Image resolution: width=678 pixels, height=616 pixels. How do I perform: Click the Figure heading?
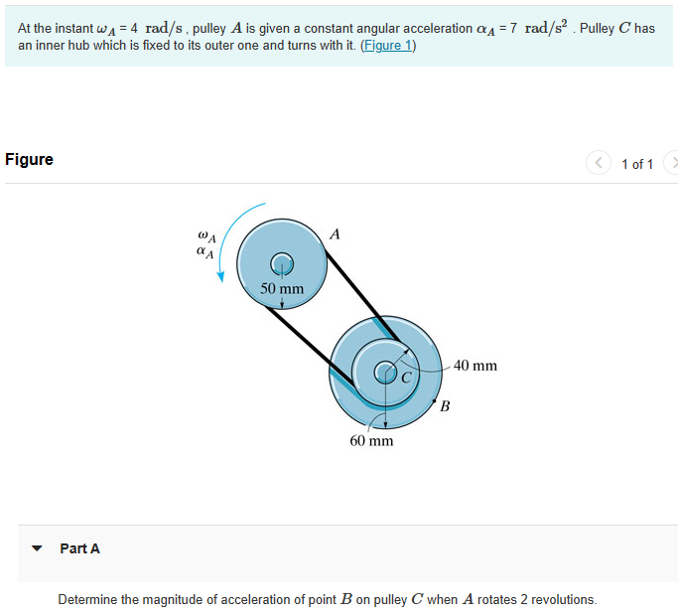(x=30, y=159)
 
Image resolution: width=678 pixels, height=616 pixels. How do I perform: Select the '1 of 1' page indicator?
(x=636, y=164)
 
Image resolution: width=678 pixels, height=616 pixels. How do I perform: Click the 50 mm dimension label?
(x=282, y=289)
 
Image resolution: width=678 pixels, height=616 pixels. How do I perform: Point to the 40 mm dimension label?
(x=475, y=366)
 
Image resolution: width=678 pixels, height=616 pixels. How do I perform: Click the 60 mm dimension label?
(x=371, y=440)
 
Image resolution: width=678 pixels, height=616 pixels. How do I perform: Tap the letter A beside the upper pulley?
(x=335, y=234)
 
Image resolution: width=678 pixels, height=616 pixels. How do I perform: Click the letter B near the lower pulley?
(x=445, y=405)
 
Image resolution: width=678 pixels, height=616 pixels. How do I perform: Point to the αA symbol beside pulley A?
(x=204, y=253)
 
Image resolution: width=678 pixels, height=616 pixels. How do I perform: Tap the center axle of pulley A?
(x=282, y=261)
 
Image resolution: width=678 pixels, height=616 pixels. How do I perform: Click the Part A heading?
(x=79, y=548)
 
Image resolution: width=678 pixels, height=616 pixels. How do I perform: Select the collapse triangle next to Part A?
(x=38, y=548)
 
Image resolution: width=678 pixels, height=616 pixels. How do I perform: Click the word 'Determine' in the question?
(x=87, y=599)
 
